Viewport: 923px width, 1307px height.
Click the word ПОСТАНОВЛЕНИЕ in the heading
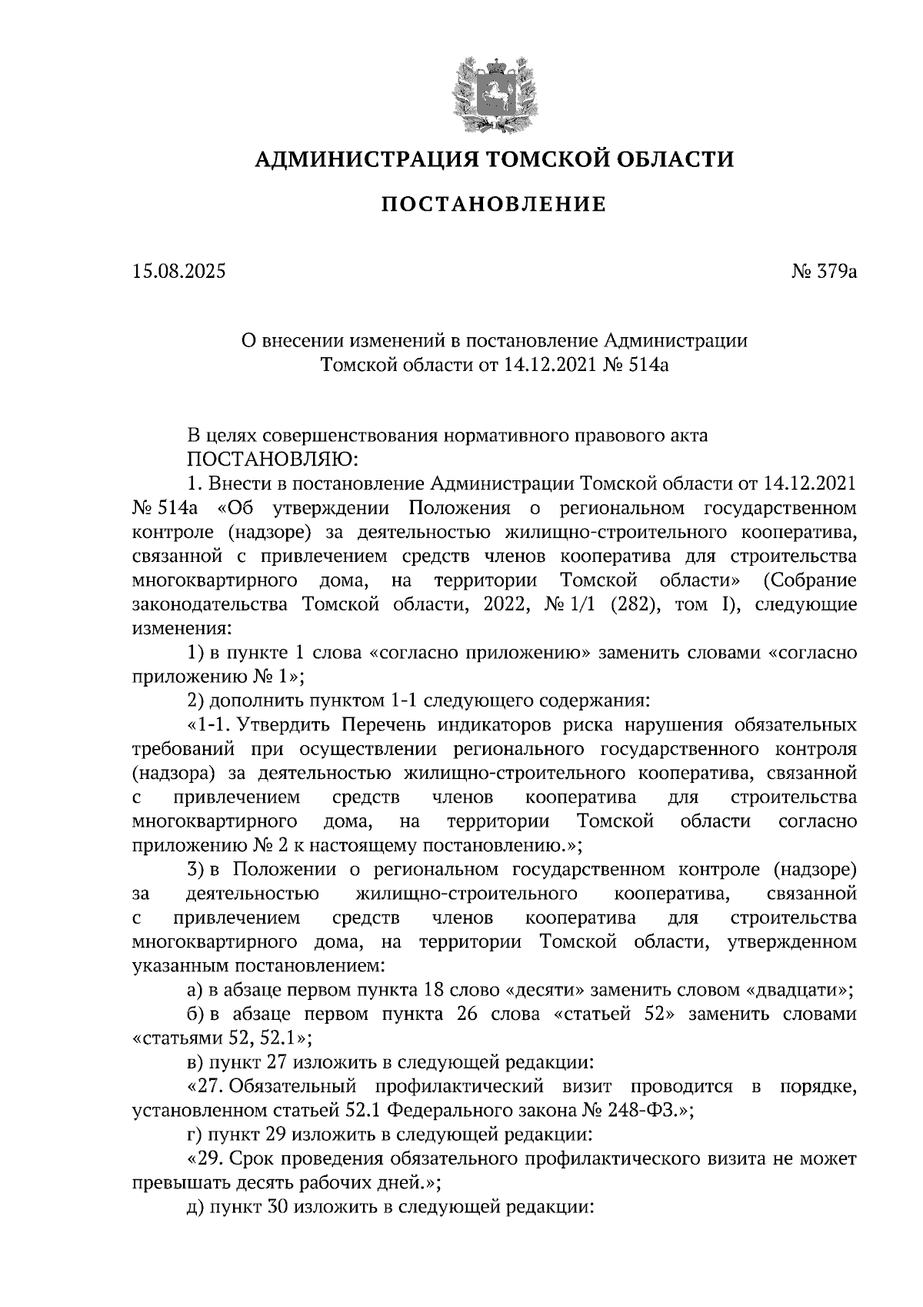point(494,204)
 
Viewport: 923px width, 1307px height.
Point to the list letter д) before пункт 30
point(195,1207)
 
